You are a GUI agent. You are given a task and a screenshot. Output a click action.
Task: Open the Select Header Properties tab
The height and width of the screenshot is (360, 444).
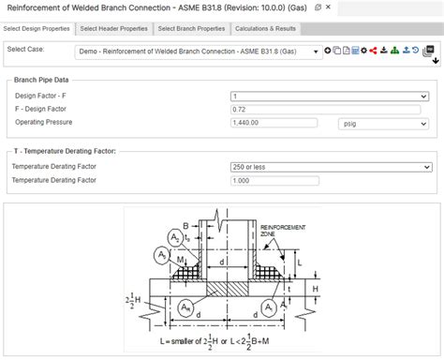click(x=113, y=28)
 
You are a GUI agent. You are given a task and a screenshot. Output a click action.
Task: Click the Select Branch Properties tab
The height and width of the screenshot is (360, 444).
click(x=191, y=28)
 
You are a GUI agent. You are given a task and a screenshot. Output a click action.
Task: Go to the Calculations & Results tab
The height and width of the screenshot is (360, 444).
click(x=265, y=28)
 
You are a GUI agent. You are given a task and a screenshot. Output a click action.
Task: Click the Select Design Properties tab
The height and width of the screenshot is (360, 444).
click(x=37, y=28)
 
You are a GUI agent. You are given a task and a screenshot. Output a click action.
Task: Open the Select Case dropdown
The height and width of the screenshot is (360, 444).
click(x=197, y=52)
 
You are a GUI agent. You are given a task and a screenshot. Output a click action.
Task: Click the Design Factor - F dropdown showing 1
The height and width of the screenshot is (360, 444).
click(x=330, y=96)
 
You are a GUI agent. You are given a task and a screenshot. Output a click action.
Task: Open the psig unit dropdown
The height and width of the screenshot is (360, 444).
click(x=384, y=123)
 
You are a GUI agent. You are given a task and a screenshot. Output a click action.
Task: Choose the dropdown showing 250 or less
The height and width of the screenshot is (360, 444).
click(x=330, y=167)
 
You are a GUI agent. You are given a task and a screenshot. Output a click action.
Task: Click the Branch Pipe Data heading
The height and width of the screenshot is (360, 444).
click(x=42, y=81)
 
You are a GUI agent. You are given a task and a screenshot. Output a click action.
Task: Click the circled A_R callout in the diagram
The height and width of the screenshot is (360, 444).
click(x=181, y=307)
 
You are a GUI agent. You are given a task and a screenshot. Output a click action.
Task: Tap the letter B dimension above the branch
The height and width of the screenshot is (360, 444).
click(x=186, y=226)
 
